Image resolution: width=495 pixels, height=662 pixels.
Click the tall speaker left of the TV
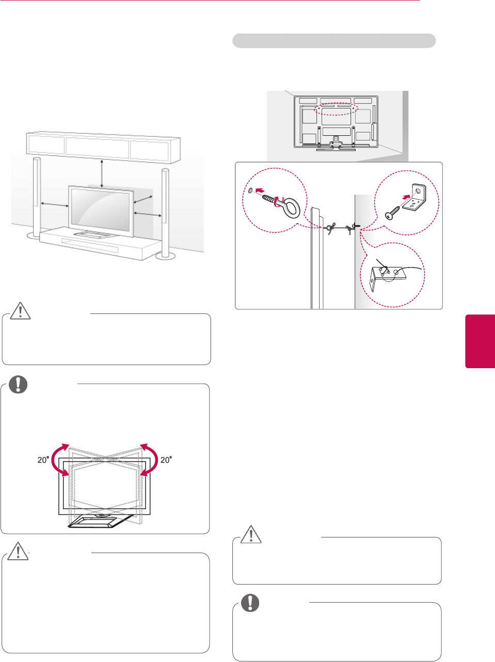37,196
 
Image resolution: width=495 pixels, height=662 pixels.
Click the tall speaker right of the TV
165,212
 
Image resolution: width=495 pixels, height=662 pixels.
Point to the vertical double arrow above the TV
102,174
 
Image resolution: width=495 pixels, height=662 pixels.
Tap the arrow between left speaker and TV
55,204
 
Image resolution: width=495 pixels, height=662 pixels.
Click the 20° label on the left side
43,460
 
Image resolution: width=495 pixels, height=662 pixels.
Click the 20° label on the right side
165,460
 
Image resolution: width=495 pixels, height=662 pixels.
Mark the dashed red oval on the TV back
336,107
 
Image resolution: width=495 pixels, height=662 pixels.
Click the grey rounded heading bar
334,41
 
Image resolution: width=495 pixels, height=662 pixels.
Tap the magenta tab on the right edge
480,341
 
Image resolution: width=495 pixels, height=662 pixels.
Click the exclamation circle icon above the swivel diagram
18,385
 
